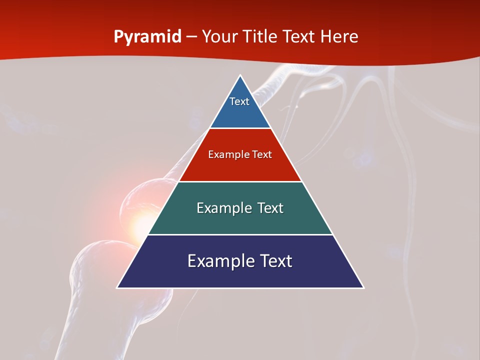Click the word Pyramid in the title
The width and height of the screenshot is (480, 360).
tap(147, 37)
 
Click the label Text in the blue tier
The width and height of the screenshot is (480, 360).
tap(239, 101)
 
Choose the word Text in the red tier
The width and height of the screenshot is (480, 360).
tap(262, 154)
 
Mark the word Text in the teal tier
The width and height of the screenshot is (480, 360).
tap(270, 208)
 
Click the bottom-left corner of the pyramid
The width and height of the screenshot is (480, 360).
tap(118, 287)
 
